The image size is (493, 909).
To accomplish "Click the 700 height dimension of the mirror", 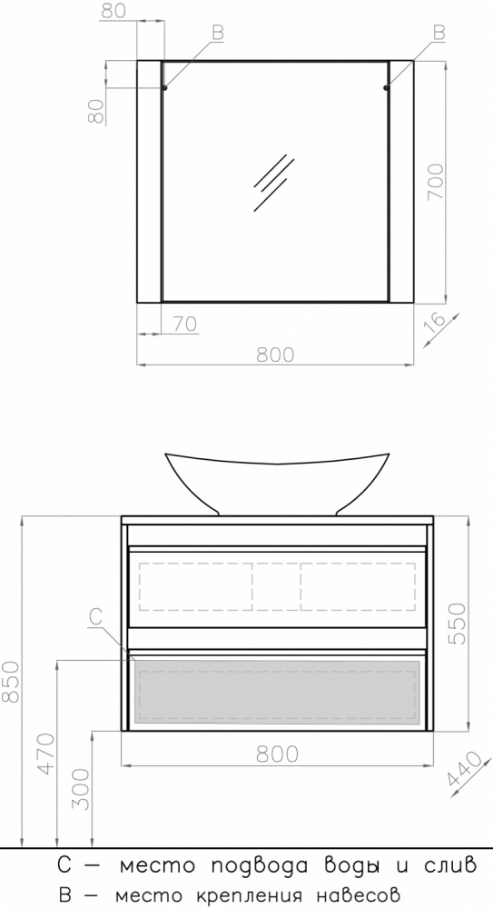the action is (436, 182).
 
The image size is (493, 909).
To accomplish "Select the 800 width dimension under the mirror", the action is (275, 355).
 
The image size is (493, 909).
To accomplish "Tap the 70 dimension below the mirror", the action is (184, 324).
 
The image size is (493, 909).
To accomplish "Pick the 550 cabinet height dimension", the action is (457, 624).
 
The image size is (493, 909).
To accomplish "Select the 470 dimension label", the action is (45, 753).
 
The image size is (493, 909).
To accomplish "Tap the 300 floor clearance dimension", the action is (81, 788).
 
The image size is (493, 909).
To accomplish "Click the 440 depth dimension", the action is (465, 774).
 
